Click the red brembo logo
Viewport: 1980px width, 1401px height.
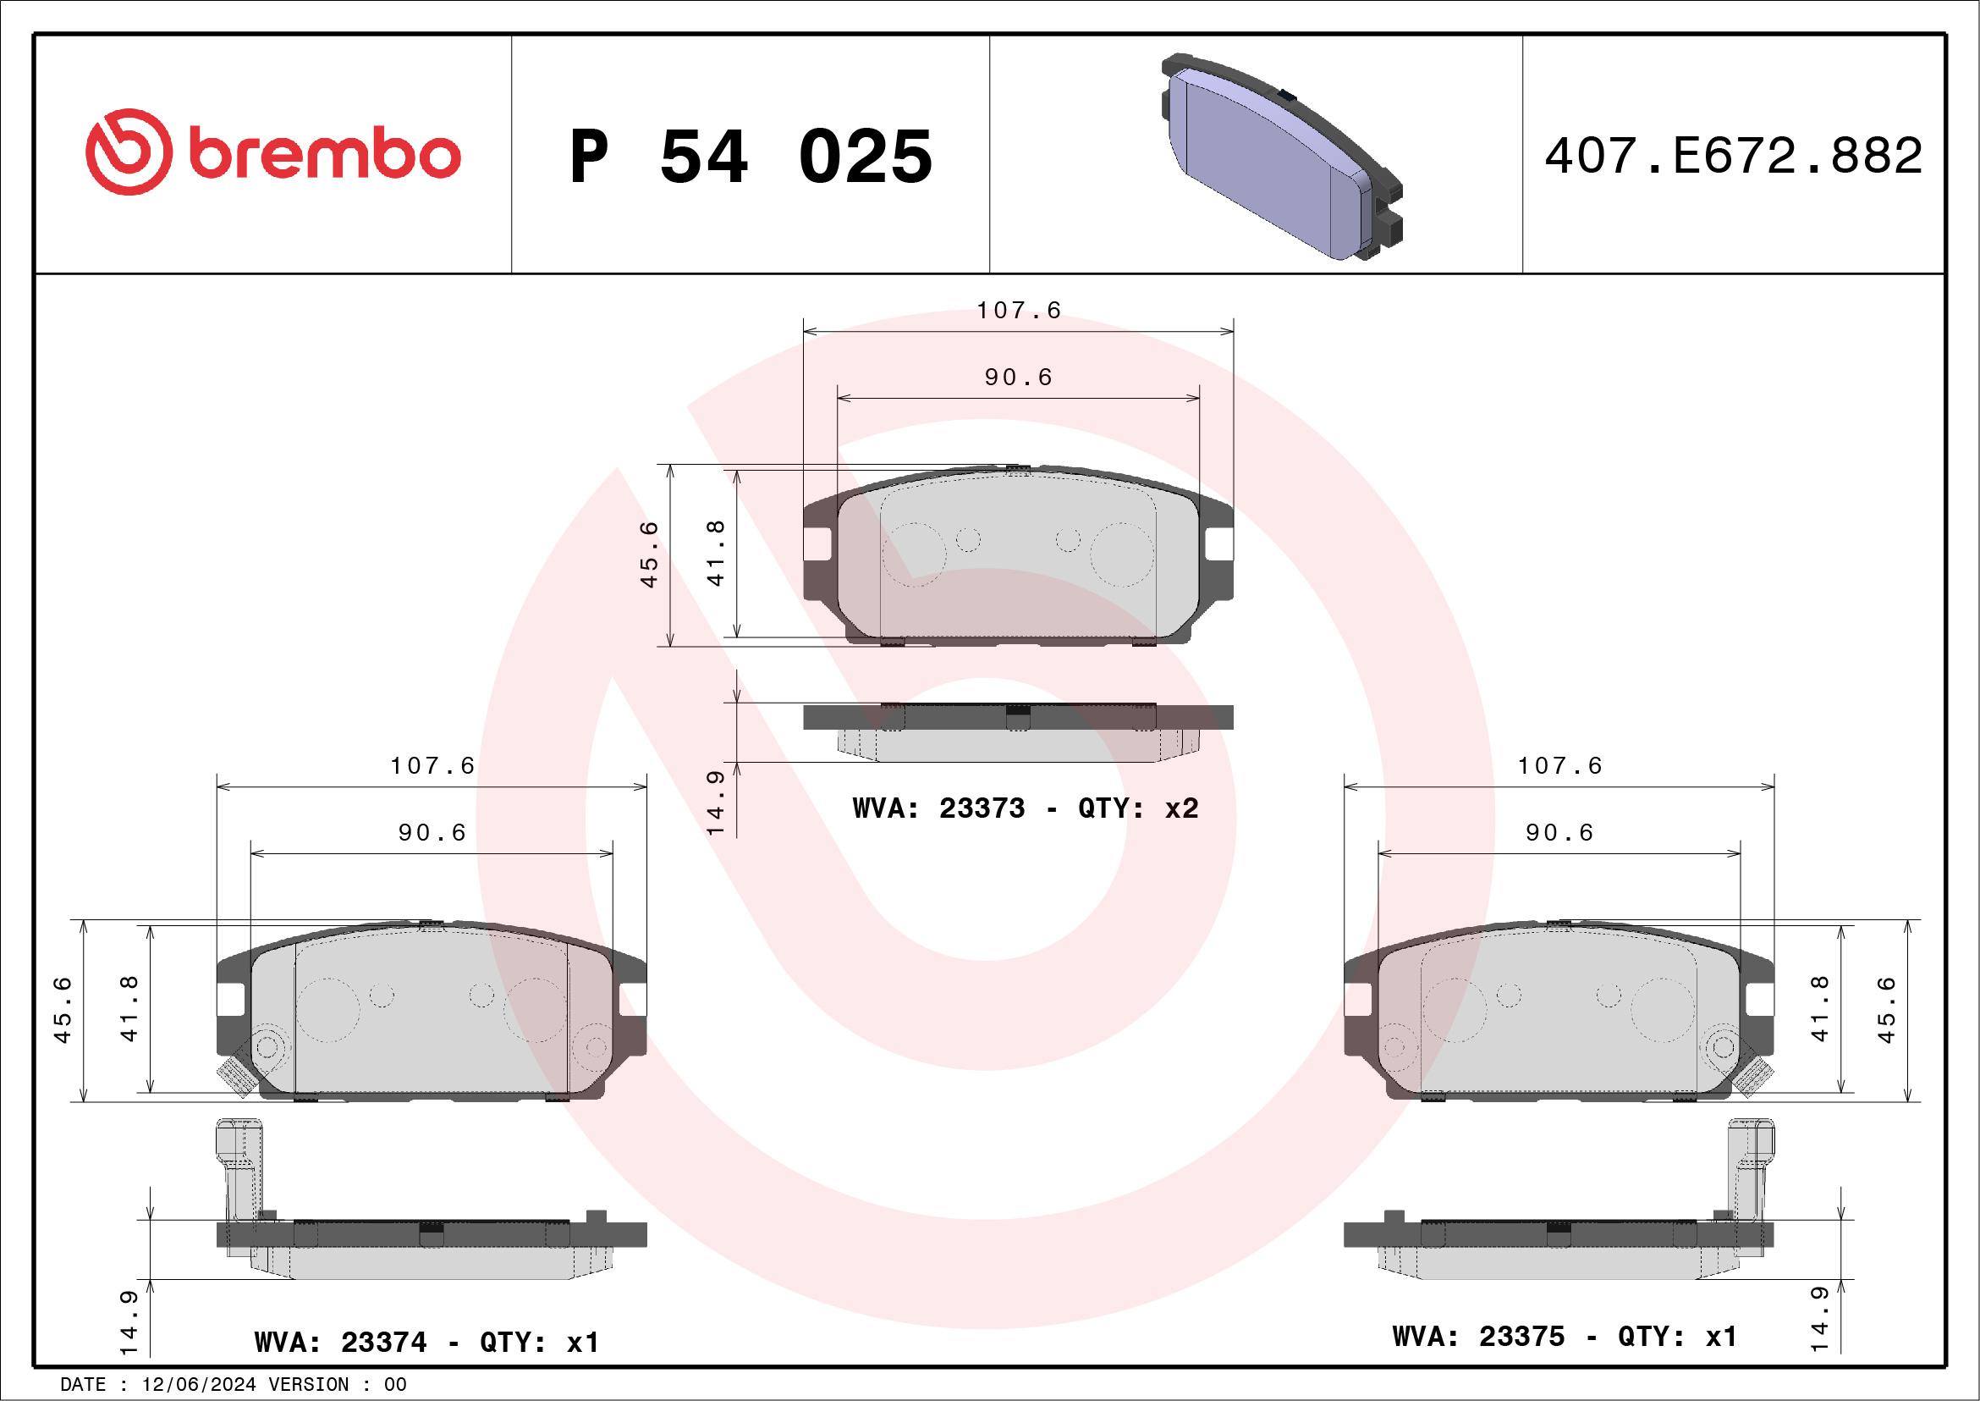pyautogui.click(x=272, y=152)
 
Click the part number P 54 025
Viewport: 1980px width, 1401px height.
pyautogui.click(x=751, y=156)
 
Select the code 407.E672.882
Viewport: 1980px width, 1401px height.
pyautogui.click(x=1734, y=155)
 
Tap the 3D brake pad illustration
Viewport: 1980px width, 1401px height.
pyautogui.click(x=1281, y=156)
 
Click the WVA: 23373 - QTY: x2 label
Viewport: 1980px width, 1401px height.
pyautogui.click(x=1026, y=808)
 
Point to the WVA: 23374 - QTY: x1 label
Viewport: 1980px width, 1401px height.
pyautogui.click(x=426, y=1342)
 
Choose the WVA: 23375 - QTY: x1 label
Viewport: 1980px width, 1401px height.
pyautogui.click(x=1565, y=1336)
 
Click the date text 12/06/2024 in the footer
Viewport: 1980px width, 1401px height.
pyautogui.click(x=198, y=1384)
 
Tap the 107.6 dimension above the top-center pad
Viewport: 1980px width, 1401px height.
pyautogui.click(x=1019, y=310)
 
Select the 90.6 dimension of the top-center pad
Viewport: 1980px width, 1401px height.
pyautogui.click(x=1019, y=377)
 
